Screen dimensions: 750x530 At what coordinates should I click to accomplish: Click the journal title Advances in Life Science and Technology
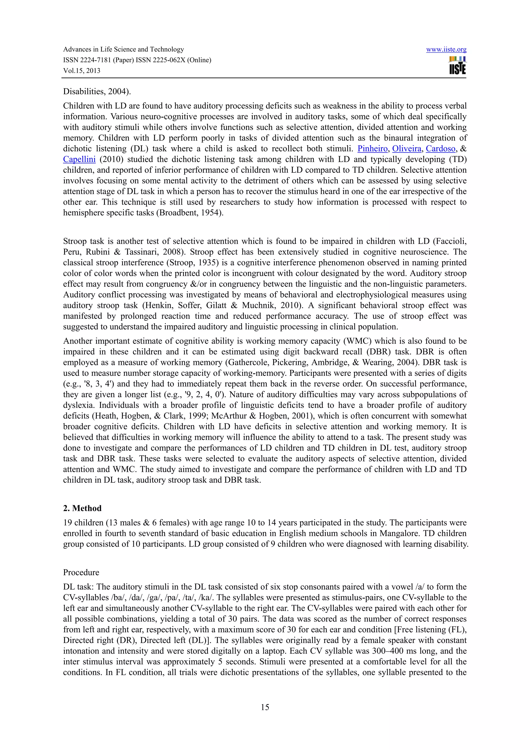tap(123, 49)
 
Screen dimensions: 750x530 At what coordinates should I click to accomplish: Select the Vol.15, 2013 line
tap(82, 70)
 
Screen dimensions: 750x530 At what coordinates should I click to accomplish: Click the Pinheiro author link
tap(372, 149)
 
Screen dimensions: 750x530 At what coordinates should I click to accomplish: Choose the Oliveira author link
tap(407, 149)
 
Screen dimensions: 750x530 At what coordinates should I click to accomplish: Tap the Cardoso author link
tap(440, 149)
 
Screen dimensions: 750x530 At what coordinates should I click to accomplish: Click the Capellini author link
tap(79, 160)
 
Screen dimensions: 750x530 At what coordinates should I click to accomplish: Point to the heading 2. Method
tap(82, 508)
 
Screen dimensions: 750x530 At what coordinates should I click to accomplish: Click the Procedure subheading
tap(81, 572)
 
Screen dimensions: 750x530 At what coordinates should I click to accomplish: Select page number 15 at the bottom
tap(265, 707)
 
